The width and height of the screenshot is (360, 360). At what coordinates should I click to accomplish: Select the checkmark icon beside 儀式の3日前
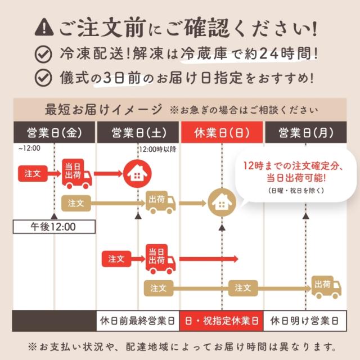point(43,77)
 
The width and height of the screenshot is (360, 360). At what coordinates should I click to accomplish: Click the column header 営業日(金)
point(54,133)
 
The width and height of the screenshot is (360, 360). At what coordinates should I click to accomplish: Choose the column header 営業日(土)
point(138,133)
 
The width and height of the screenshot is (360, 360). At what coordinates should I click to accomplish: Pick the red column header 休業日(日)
point(222,133)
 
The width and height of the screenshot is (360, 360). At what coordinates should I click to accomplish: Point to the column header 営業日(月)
point(305,133)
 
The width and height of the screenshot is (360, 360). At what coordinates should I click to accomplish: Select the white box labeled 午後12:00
point(53,227)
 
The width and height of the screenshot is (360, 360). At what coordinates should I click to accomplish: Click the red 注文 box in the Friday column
point(33,173)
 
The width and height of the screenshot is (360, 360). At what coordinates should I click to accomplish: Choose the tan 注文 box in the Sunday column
point(242,287)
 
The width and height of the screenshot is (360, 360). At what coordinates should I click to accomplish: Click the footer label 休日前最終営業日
point(138,322)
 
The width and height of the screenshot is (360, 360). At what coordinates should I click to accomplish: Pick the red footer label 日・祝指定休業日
point(222,322)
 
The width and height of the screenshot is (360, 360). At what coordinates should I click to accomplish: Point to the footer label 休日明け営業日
point(305,322)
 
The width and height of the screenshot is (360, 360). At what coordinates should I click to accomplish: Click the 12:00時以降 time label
point(157,149)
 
